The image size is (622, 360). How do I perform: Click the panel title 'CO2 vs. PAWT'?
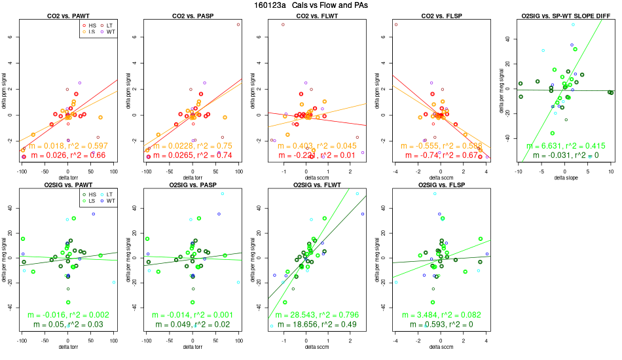[x=67, y=15]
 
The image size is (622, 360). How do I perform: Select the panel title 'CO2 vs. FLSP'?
[x=441, y=15]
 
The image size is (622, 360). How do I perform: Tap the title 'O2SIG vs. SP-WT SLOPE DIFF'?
[x=564, y=15]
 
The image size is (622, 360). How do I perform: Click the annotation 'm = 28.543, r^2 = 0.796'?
[x=316, y=315]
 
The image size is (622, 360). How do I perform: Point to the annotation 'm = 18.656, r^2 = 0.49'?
[x=316, y=325]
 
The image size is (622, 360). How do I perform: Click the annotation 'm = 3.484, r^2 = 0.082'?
[x=441, y=315]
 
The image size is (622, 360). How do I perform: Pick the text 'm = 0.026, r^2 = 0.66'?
[x=67, y=155]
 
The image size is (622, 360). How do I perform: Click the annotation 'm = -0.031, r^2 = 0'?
[x=564, y=155]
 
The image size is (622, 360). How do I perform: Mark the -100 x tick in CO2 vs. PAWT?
[x=22, y=171]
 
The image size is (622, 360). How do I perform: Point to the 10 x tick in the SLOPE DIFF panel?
[x=610, y=171]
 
